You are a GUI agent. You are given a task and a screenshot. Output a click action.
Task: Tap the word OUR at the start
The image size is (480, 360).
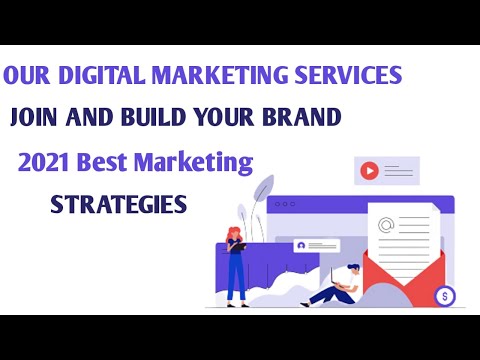tap(27, 76)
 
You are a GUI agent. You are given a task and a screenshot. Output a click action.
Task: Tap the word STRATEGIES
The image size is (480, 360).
tap(118, 204)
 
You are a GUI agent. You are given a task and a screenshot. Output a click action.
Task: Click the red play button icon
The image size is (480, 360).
tap(369, 171)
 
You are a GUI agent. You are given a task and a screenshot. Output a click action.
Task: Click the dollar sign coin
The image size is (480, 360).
tap(444, 295)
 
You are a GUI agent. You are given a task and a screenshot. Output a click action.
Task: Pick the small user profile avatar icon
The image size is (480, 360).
tap(299, 245)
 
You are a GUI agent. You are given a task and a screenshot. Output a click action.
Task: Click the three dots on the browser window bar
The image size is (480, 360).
tap(285, 203)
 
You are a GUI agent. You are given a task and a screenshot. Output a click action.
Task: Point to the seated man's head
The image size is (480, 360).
tap(353, 270)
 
